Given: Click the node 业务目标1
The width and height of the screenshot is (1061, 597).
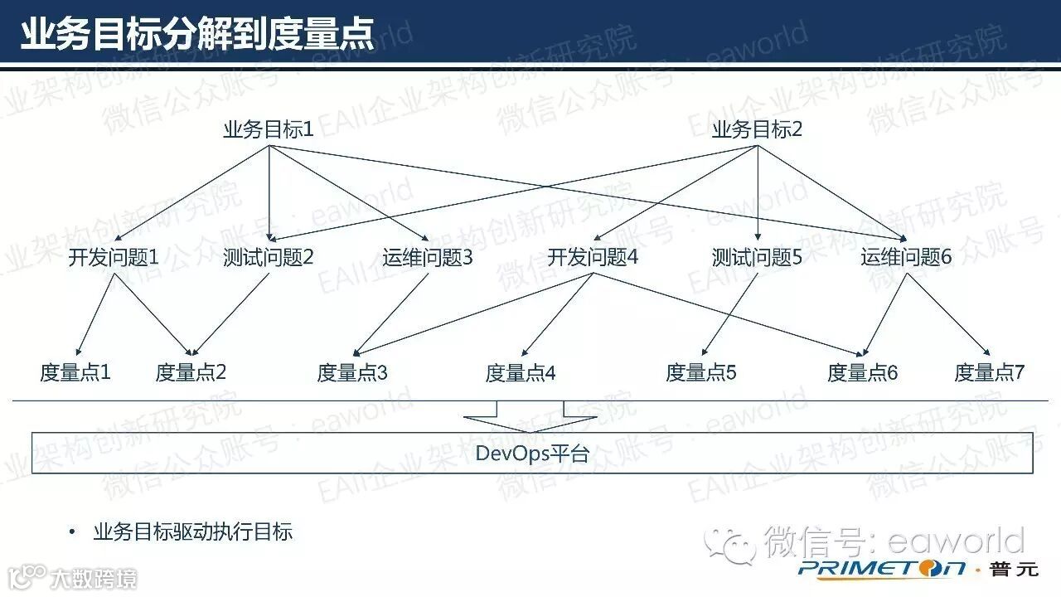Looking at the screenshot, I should tap(269, 130).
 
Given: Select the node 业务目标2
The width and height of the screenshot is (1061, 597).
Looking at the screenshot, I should tap(757, 130).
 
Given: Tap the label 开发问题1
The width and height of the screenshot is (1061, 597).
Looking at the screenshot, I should tap(113, 258).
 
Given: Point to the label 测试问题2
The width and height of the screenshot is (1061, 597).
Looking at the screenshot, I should tap(269, 258).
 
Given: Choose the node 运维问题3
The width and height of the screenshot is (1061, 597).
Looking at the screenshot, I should tap(428, 258).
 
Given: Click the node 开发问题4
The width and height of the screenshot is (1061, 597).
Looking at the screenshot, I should tap(593, 258).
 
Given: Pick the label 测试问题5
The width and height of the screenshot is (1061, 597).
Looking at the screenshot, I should tap(757, 258).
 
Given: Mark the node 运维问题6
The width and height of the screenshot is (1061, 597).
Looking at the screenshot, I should tap(906, 258).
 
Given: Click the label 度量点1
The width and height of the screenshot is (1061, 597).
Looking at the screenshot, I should tap(75, 372).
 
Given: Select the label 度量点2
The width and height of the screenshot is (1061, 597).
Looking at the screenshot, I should tap(191, 372).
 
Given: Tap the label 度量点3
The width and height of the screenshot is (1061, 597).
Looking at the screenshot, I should tap(352, 373).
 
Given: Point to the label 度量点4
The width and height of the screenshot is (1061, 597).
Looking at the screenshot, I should tap(521, 373).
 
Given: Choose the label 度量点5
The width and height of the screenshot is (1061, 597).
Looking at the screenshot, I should tap(701, 373).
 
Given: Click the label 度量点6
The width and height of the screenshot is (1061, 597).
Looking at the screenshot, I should tap(863, 373).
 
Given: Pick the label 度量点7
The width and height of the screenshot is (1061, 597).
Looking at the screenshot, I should tap(990, 373).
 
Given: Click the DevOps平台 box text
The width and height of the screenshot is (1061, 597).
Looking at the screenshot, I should tap(532, 454).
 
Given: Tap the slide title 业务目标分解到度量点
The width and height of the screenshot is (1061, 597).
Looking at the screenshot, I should tap(197, 36).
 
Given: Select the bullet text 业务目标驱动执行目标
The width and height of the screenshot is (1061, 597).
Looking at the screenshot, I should tap(193, 531).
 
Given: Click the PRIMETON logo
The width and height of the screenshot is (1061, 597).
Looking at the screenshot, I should tap(882, 569).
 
